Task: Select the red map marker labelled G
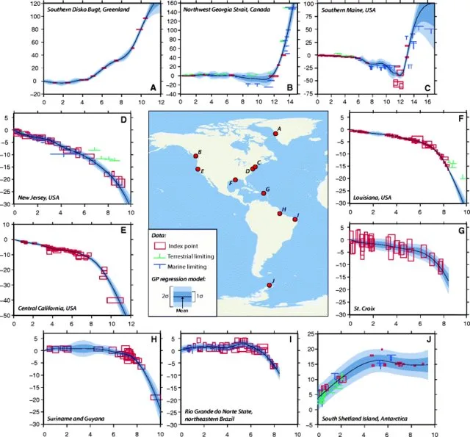pos(263,193)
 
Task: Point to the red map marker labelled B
pos(196,156)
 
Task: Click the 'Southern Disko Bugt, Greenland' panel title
pos(83,10)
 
